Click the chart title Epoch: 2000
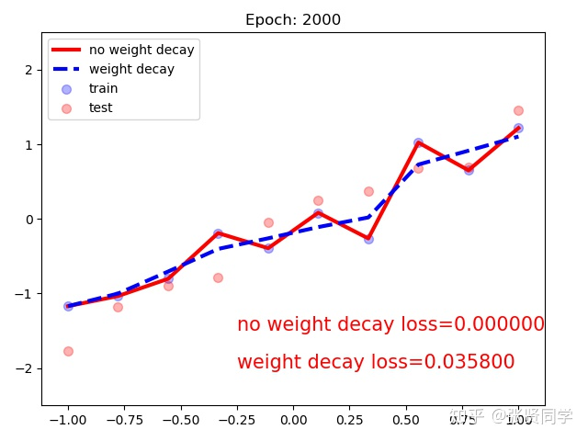point(293,20)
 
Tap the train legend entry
point(103,88)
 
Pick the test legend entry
point(101,107)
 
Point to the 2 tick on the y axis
point(30,70)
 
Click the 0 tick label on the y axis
point(30,219)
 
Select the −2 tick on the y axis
point(27,368)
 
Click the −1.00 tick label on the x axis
point(67,420)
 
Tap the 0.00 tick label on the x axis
point(293,420)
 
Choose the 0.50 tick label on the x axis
point(405,420)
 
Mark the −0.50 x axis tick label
point(180,420)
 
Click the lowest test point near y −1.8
point(68,351)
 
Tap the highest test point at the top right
point(518,110)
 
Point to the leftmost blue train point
point(68,306)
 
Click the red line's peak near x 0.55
point(418,142)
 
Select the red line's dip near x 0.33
point(368,238)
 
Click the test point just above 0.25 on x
point(368,191)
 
